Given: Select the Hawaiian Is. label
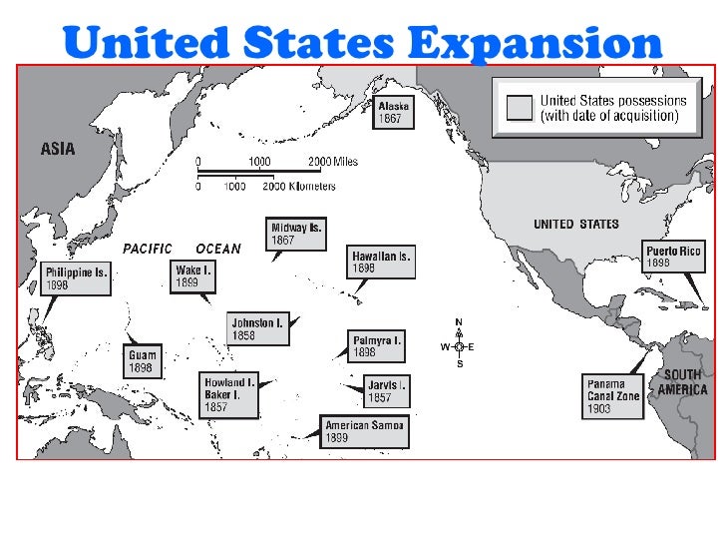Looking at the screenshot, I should pos(380,263).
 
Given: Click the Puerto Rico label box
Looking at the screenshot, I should pos(673,257).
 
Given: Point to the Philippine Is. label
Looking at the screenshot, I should pos(75,277).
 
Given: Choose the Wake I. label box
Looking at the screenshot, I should pos(193,275).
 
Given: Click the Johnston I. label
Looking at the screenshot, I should pos(257,329).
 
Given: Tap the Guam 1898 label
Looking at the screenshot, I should pos(143,360).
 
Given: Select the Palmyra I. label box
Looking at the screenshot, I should pos(376,345).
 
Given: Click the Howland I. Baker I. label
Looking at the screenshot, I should pos(229,394).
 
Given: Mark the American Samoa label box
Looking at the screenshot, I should pos(365,431).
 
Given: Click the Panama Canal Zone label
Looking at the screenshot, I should pos(613,394).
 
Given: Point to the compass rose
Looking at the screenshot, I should pos(459,346).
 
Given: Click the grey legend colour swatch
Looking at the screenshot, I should pos(519,108).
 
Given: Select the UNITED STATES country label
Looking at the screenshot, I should pos(575,225).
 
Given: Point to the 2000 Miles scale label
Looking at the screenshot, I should pos(332,162).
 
